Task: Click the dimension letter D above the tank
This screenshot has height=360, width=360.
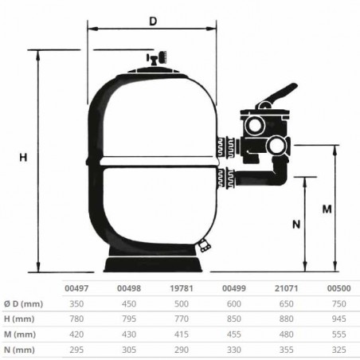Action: coord(152,22)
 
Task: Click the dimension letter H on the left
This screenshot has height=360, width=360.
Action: coord(23,158)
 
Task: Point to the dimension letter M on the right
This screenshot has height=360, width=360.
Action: coord(327,209)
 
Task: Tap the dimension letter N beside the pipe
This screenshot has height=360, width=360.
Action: coord(275,224)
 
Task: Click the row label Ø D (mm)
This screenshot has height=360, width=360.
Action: coord(24,304)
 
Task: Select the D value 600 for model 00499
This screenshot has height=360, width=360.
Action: coord(233,304)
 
